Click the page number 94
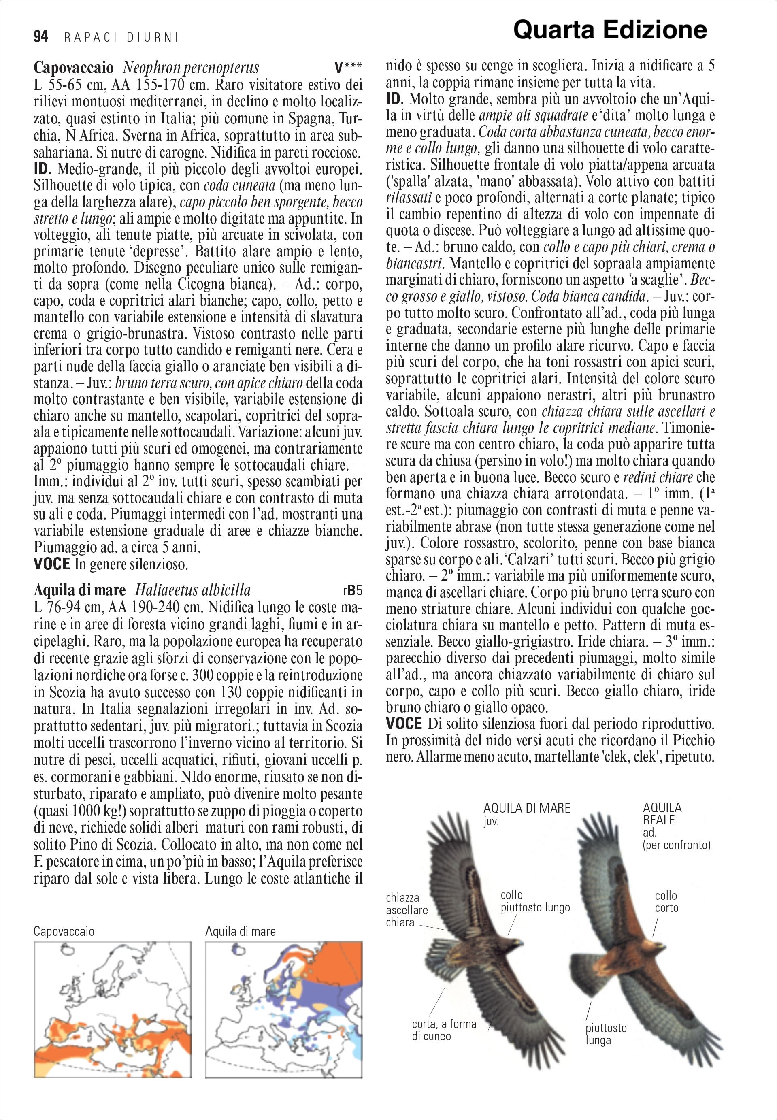click(41, 37)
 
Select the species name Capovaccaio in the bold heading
click(74, 67)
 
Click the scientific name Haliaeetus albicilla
click(193, 590)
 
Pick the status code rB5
click(353, 591)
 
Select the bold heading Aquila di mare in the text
click(80, 590)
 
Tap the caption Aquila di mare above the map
click(241, 932)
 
